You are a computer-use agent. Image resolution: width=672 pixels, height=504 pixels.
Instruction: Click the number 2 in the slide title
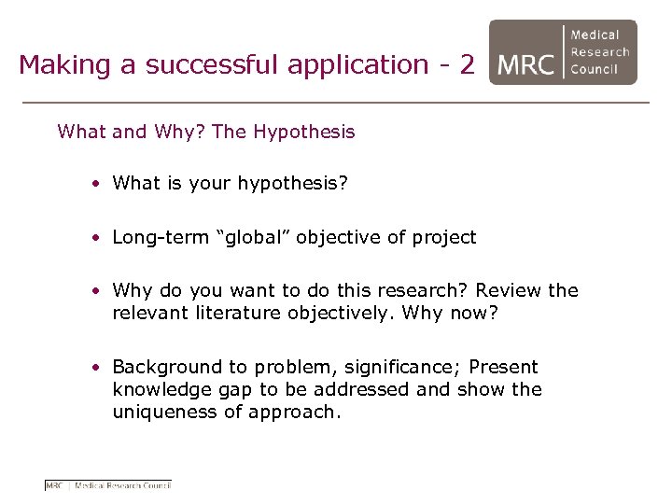coord(466,64)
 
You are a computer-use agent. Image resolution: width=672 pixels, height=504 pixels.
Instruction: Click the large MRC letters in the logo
coord(526,65)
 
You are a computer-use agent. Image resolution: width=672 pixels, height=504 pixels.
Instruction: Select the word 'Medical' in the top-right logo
coord(595,35)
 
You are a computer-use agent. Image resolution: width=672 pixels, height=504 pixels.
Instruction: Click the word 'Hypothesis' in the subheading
coord(304,132)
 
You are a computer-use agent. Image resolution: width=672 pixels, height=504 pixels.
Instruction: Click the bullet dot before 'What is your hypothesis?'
coord(97,184)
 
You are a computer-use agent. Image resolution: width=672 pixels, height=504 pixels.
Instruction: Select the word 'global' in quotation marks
coord(254,237)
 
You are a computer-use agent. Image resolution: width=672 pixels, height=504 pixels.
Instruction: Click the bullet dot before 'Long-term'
coord(97,237)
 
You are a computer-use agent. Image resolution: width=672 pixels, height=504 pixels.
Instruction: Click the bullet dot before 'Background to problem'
coord(97,367)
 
